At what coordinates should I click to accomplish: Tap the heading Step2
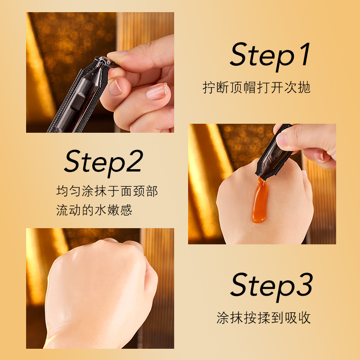[x=104, y=162]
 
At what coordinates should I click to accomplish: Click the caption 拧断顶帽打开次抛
[x=256, y=87]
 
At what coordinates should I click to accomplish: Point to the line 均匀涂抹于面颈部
[x=107, y=191]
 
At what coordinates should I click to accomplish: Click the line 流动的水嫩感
[x=94, y=210]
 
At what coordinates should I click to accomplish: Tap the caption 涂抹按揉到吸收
[x=264, y=318]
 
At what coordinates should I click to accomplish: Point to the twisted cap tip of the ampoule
[x=108, y=62]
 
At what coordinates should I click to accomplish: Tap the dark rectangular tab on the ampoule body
[x=77, y=102]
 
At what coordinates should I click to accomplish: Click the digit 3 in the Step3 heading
[x=305, y=284]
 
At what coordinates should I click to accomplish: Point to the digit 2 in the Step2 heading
[x=135, y=161]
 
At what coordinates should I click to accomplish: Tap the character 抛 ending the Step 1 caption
[x=304, y=87]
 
